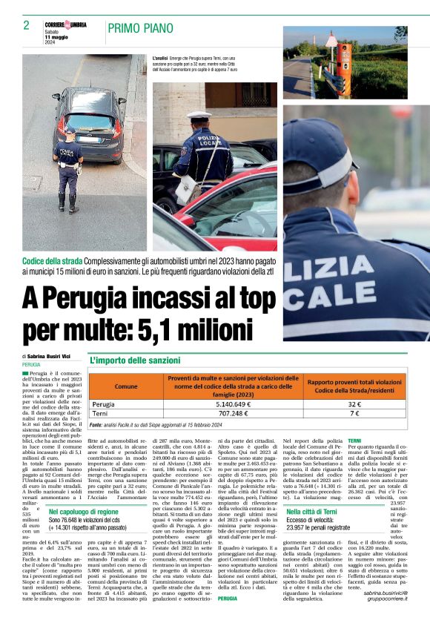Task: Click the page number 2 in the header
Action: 26,25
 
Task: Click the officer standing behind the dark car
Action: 68,167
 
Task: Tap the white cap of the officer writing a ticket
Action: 199,116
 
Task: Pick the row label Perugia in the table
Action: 104,405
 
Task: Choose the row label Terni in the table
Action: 101,414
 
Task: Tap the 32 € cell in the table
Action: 354,405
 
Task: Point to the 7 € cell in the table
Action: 354,414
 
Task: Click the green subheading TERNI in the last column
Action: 354,441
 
